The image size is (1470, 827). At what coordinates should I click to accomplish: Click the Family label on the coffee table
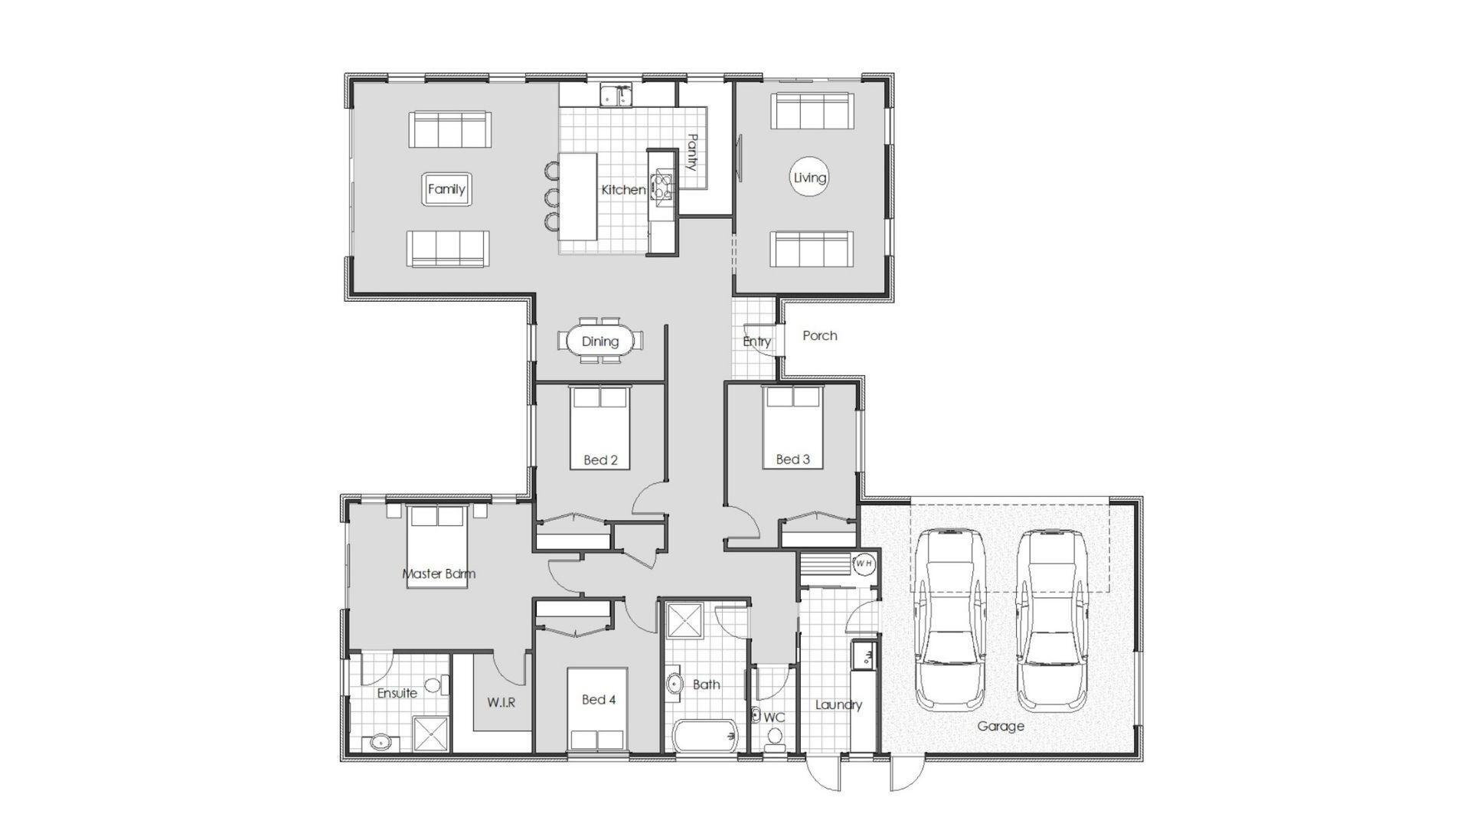pyautogui.click(x=446, y=189)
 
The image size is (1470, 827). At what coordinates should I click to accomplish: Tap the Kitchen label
pyautogui.click(x=623, y=190)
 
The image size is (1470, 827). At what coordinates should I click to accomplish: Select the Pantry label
pyautogui.click(x=692, y=153)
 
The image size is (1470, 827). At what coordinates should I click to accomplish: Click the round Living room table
pyautogui.click(x=809, y=178)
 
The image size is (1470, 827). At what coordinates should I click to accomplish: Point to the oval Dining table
pyautogui.click(x=599, y=341)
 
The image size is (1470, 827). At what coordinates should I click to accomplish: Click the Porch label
pyautogui.click(x=820, y=335)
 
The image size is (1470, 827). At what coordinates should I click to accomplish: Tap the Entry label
pyautogui.click(x=757, y=342)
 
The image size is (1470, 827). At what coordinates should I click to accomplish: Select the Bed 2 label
pyautogui.click(x=600, y=460)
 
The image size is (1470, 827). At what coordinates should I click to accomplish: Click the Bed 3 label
pyautogui.click(x=793, y=459)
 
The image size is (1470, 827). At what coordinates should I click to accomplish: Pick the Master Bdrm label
pyautogui.click(x=439, y=574)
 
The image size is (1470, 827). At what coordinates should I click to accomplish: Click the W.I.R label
pyautogui.click(x=501, y=702)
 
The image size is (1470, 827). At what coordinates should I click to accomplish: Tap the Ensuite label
pyautogui.click(x=397, y=693)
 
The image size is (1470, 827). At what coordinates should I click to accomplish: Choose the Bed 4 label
pyautogui.click(x=599, y=699)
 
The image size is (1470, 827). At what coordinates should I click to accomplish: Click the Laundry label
pyautogui.click(x=839, y=704)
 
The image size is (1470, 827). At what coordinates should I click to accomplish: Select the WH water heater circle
pyautogui.click(x=864, y=564)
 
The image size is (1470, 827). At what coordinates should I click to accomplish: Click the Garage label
pyautogui.click(x=1001, y=726)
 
